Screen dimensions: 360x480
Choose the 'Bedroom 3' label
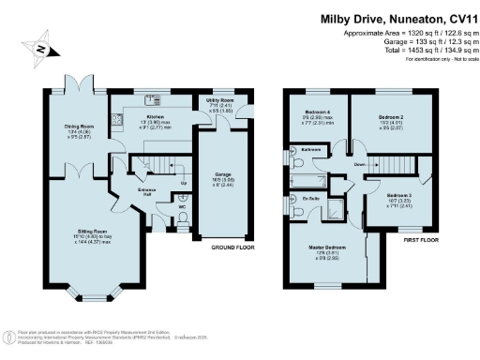pos(400,196)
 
